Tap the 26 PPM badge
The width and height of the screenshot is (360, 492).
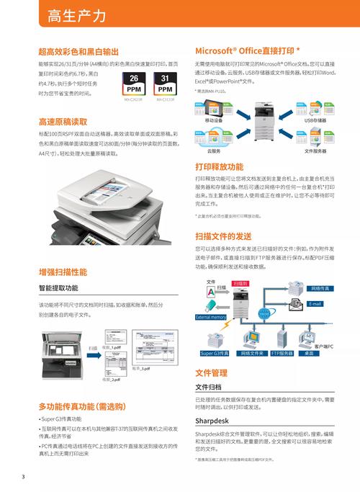click(x=134, y=84)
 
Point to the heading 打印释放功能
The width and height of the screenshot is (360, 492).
click(x=219, y=166)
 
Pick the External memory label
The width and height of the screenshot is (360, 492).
click(x=211, y=317)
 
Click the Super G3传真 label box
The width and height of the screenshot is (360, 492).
click(x=215, y=353)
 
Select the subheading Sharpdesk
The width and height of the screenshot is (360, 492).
click(x=212, y=419)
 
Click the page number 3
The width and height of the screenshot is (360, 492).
click(x=23, y=477)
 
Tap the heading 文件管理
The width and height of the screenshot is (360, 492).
click(x=211, y=372)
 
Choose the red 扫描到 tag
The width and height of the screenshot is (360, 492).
click(x=240, y=284)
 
